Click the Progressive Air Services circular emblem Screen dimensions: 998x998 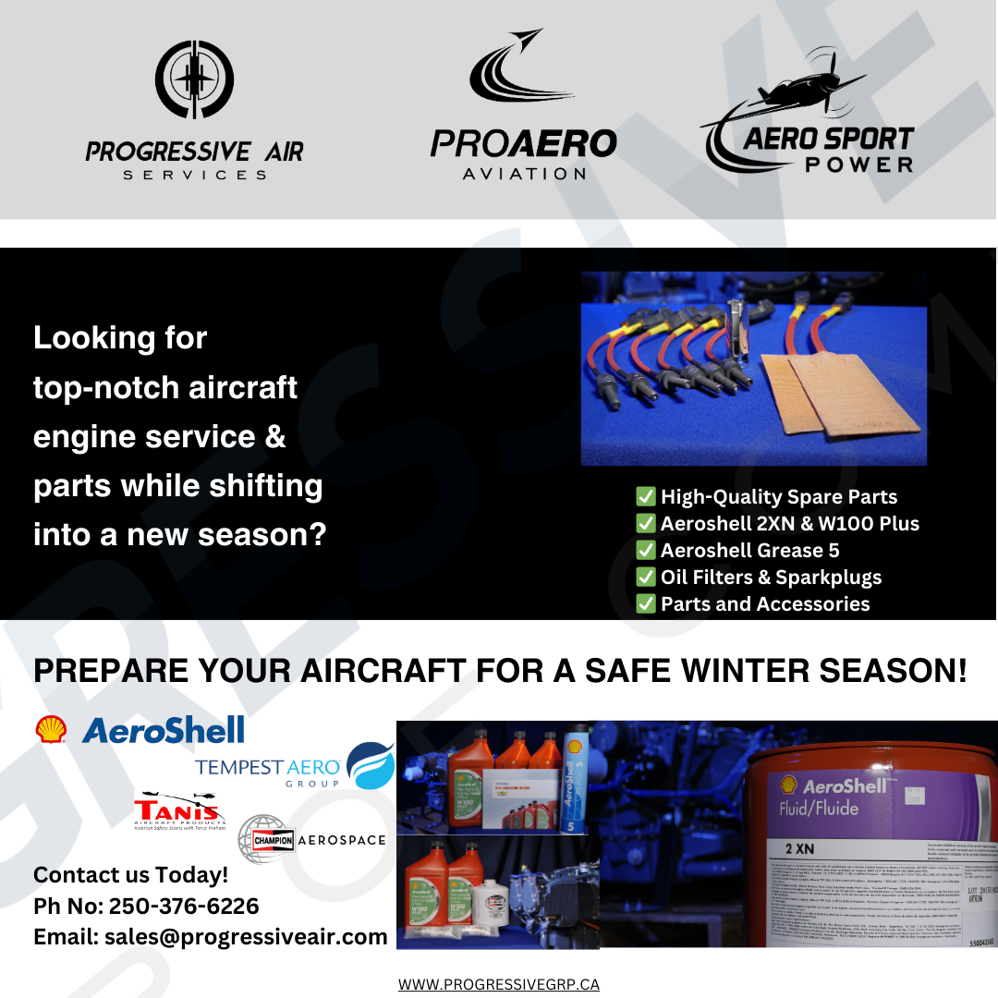point(194,81)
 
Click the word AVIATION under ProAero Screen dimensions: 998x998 point(523,173)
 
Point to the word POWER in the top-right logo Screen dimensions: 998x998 point(858,164)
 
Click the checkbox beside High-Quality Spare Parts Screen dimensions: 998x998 point(646,497)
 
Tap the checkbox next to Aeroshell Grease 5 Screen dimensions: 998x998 point(646,551)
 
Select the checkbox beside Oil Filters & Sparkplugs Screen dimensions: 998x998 point(646,578)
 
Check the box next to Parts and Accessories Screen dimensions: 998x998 point(646,604)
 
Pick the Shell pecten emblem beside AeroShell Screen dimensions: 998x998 point(51,730)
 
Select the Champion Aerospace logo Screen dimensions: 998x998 point(311,839)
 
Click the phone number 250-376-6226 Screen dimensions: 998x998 point(184,906)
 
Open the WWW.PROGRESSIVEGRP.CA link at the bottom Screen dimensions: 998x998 point(499,984)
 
